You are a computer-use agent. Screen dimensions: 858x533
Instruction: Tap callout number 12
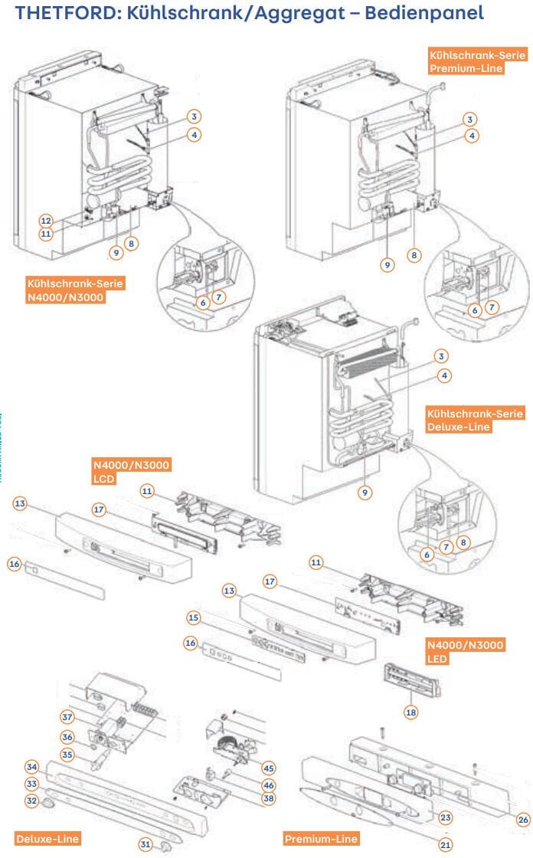(46, 219)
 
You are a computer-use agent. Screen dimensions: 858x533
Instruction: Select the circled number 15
(193, 617)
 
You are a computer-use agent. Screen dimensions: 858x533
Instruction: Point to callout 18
(411, 712)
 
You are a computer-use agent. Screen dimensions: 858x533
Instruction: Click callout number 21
(445, 844)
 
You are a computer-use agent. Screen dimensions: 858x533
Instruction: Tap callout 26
(523, 820)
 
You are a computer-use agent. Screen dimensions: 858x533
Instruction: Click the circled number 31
(146, 844)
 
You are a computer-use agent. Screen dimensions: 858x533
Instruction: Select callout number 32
(32, 800)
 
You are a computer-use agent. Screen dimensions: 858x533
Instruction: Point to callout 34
(32, 767)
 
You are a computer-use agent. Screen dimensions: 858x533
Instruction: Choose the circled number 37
(68, 717)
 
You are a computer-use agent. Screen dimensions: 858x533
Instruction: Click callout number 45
(268, 767)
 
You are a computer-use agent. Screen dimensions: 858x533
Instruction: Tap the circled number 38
(268, 797)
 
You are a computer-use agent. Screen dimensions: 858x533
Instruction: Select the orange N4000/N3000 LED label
(465, 651)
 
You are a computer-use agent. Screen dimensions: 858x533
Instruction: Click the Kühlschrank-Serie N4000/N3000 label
(74, 290)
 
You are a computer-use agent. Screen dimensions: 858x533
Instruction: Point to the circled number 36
(68, 737)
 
